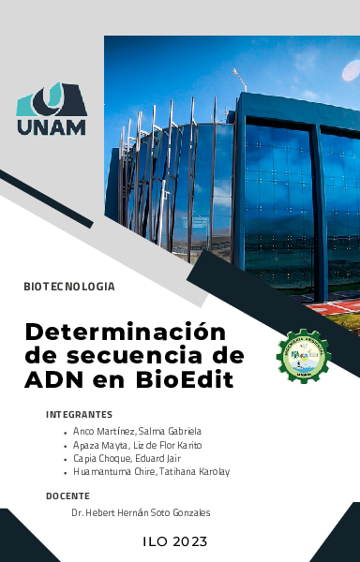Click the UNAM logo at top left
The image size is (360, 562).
(52, 111)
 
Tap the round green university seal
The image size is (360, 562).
(303, 356)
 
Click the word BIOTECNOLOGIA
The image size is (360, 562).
(69, 285)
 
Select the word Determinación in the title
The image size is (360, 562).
(126, 333)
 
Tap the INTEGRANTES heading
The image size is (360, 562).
(79, 414)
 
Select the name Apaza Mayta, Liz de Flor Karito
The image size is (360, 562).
(137, 445)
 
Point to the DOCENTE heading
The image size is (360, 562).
(67, 495)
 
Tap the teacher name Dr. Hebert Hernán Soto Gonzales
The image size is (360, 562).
(141, 513)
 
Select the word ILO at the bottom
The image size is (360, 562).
(156, 541)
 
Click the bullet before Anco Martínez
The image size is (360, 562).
(64, 432)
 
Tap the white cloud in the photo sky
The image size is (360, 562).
(309, 95)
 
